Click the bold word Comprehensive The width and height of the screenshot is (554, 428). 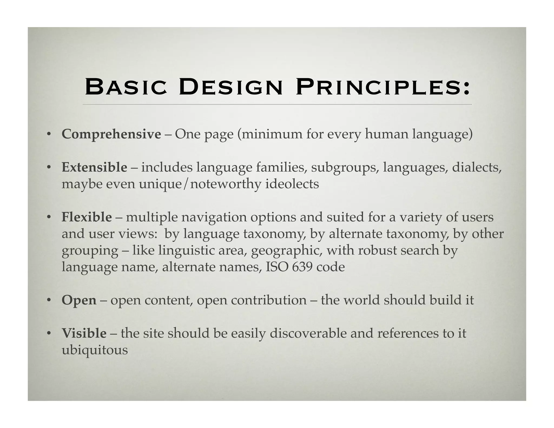coord(111,134)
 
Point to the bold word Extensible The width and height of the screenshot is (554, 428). coord(94,167)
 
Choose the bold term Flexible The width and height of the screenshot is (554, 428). coord(87,217)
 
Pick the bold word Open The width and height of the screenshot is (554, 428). coord(79,300)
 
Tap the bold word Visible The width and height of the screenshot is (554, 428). coord(84,333)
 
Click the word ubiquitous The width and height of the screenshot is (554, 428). coord(95,350)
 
